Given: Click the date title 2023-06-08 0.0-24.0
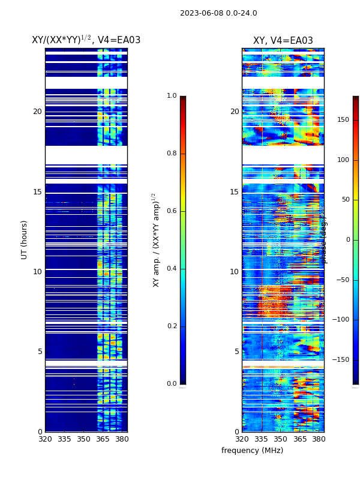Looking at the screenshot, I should click(218, 13).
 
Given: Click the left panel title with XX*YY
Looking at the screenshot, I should click(86, 40).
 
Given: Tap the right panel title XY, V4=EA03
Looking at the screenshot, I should click(283, 41).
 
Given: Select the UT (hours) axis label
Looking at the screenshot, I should click(25, 239).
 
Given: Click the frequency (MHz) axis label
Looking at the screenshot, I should click(252, 451).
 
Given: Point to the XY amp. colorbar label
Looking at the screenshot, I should click(155, 239).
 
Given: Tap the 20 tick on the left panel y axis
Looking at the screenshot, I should click(37, 112).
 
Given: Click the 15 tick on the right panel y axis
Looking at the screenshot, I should click(234, 192).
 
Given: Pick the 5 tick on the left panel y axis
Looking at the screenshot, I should click(40, 352).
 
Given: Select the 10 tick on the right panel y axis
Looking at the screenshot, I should click(234, 272).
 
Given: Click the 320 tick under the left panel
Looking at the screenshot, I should click(45, 439).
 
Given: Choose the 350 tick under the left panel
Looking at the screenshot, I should click(83, 439).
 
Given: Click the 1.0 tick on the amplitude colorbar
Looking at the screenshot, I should click(172, 96).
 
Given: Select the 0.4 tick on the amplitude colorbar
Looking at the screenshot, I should click(172, 269).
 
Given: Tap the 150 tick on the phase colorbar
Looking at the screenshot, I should click(343, 120).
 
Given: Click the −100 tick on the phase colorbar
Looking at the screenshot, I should click(341, 320).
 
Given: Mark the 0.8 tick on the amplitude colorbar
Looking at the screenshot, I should click(172, 154).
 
